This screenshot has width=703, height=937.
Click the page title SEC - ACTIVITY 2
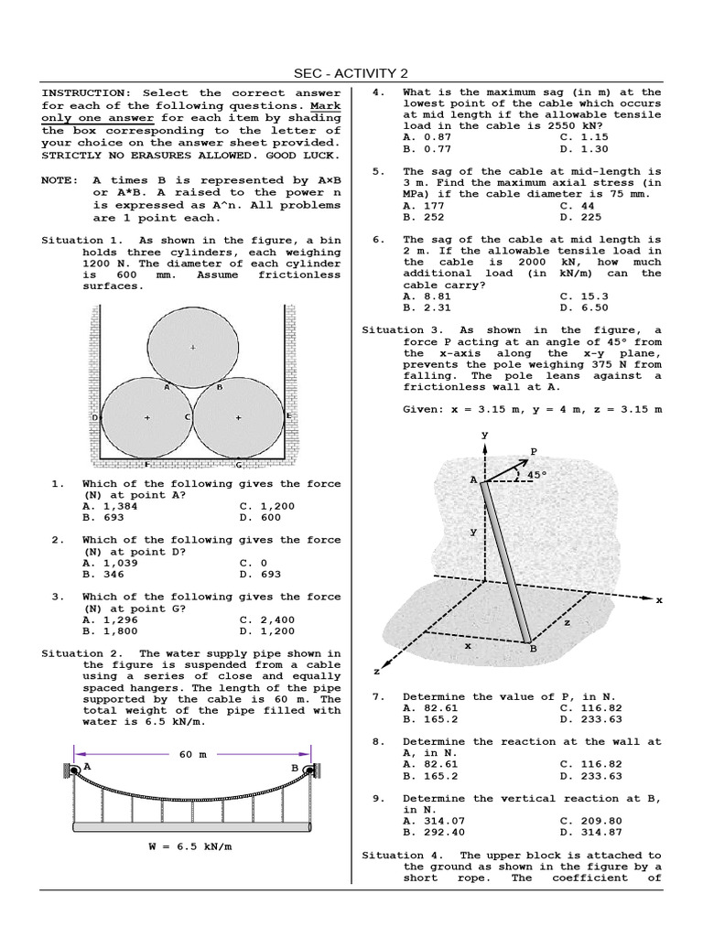[x=351, y=73]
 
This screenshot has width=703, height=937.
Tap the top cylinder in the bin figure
[x=192, y=347]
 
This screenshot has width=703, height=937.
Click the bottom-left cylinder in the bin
[x=146, y=417]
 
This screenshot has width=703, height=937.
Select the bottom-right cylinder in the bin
[x=239, y=417]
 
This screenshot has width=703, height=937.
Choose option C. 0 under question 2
[x=254, y=563]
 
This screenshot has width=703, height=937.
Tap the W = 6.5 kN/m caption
[x=190, y=846]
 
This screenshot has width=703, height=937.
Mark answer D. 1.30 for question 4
[x=583, y=148]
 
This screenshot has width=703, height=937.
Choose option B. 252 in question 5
[x=423, y=217]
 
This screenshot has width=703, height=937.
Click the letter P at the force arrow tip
[x=534, y=452]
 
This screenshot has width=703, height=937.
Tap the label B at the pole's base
[x=533, y=649]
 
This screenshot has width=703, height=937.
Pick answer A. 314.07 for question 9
[x=434, y=821]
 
